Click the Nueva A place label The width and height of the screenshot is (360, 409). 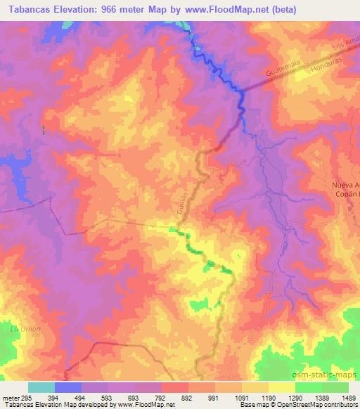[x=345, y=185]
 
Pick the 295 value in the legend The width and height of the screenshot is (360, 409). [x=26, y=397]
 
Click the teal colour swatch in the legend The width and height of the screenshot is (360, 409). [x=41, y=387]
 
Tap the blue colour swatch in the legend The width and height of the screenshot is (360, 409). [x=67, y=387]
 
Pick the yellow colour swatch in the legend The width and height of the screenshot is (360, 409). [x=281, y=387]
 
